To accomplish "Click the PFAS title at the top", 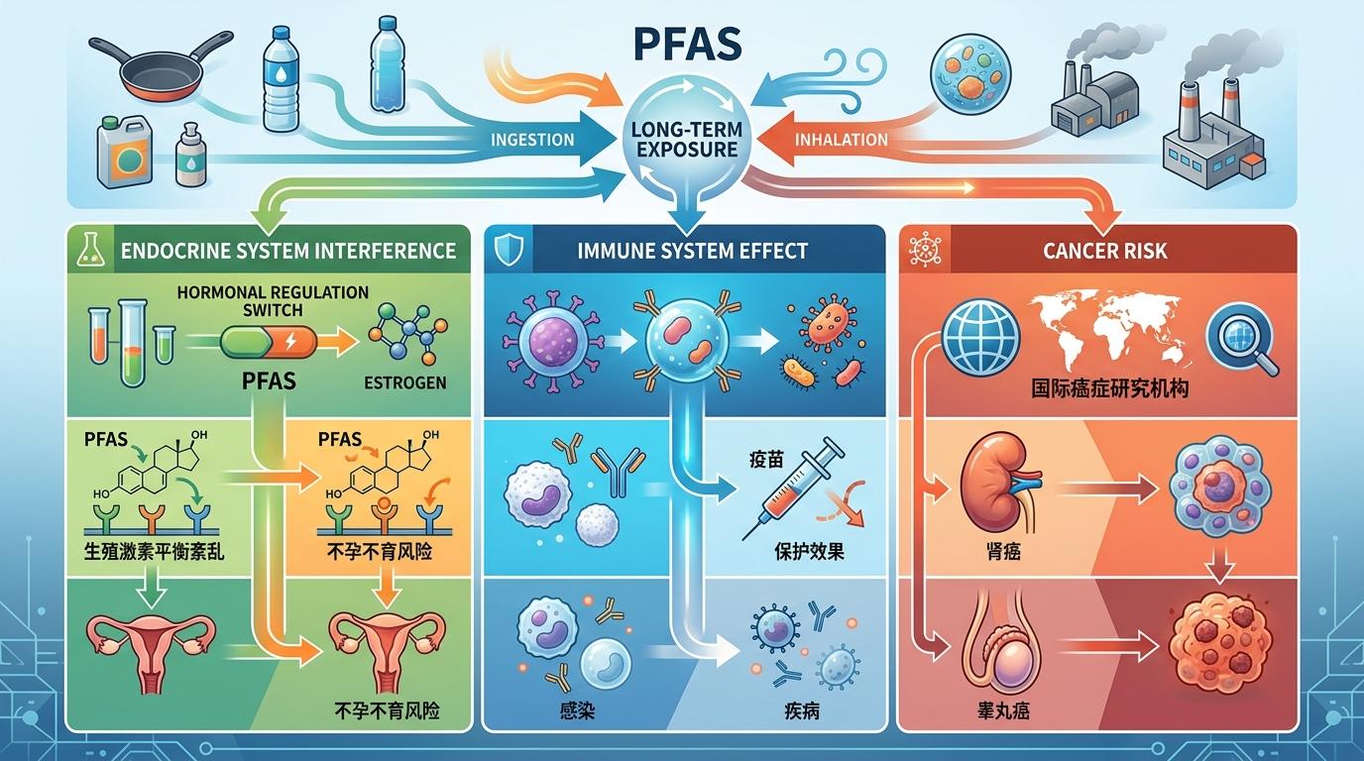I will (x=682, y=48).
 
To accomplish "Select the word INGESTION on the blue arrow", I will (x=532, y=139).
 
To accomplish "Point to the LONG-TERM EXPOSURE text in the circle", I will (x=683, y=140).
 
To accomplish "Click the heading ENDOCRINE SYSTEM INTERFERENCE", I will (x=288, y=250).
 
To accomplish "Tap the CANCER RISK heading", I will (x=1104, y=251).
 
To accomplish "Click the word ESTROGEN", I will (x=405, y=382).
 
